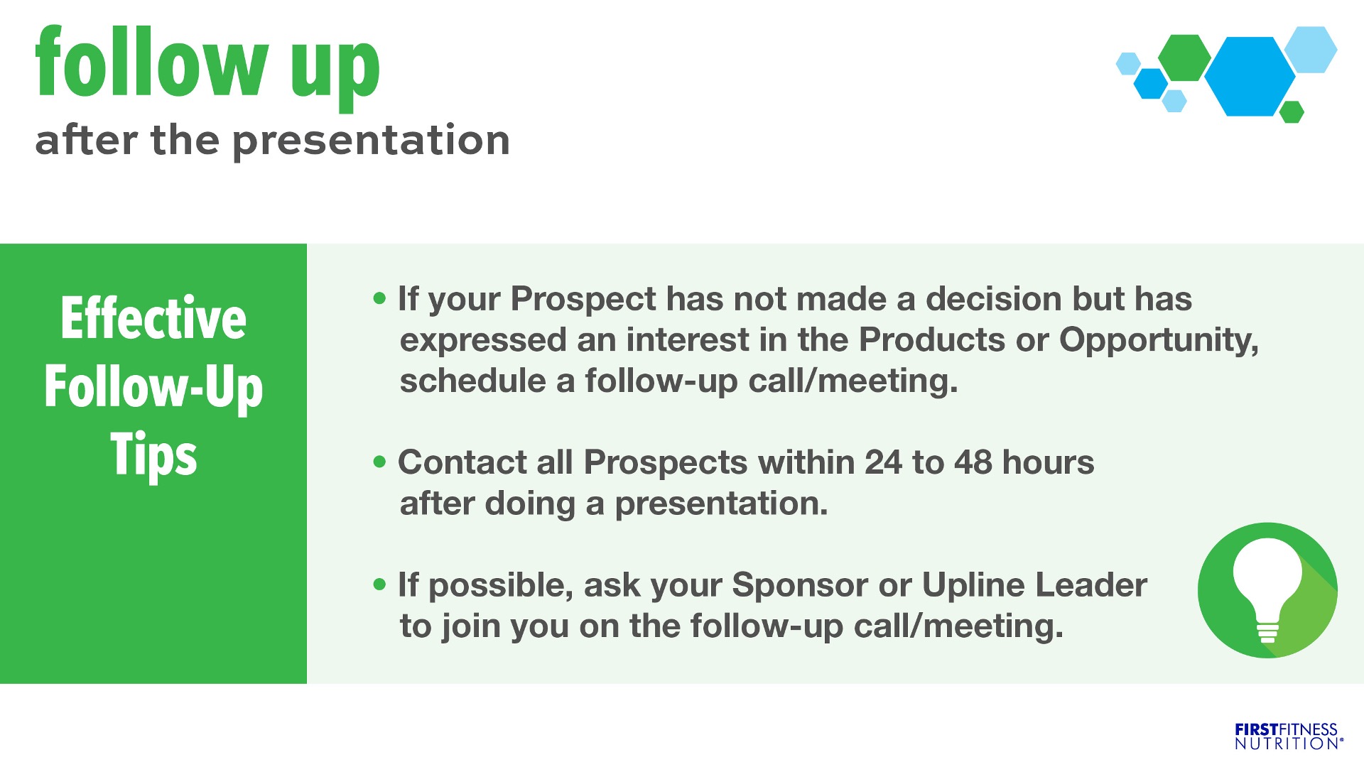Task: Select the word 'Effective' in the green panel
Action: tap(153, 318)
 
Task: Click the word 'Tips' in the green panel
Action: tap(153, 455)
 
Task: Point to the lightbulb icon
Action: tap(1267, 590)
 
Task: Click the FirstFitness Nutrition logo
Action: tap(1289, 736)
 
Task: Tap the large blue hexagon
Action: tap(1250, 76)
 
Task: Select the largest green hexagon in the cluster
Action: tap(1184, 58)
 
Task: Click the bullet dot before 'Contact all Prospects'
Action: tap(380, 462)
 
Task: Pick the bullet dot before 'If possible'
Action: tap(380, 585)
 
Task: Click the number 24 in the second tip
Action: tap(883, 462)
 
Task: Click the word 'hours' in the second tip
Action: tap(1049, 462)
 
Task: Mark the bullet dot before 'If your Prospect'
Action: tap(380, 299)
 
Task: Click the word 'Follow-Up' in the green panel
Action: tap(153, 388)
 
